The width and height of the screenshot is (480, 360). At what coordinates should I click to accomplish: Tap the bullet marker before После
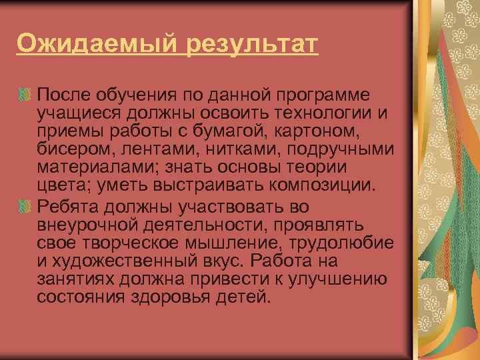point(25,93)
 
